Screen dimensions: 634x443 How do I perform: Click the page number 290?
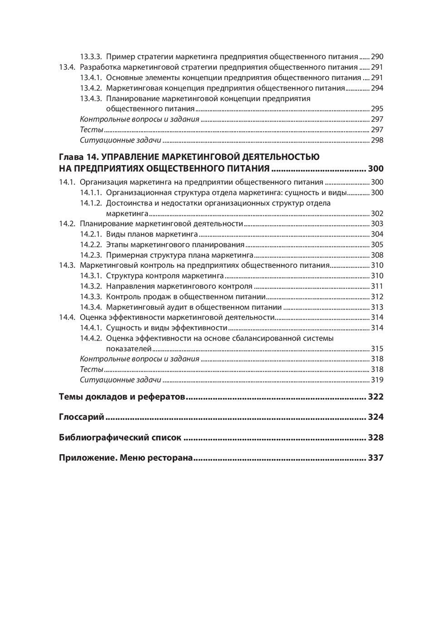tap(377, 57)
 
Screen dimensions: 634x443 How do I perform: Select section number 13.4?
tap(67, 67)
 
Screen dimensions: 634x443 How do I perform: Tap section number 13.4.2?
tap(91, 88)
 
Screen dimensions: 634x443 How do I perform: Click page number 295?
tap(377, 109)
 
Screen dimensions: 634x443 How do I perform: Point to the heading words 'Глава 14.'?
tap(78, 157)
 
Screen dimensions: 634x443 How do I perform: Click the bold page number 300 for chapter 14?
tap(375, 169)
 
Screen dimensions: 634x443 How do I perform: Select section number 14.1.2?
tap(91, 203)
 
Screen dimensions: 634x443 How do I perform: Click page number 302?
tap(377, 214)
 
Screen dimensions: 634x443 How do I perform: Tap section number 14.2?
tap(67, 224)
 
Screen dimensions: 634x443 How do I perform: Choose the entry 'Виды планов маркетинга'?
tap(152, 235)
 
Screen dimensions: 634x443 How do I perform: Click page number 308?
tap(377, 255)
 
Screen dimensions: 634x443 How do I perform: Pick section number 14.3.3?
tap(91, 297)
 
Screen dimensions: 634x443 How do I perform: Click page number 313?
tap(377, 307)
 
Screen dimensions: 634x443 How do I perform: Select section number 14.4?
tap(67, 317)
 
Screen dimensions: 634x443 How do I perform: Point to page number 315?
tap(377, 349)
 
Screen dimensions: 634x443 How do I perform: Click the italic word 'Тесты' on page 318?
tap(92, 370)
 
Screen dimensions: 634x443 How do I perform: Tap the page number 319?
tap(377, 380)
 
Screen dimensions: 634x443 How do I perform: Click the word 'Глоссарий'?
tap(82, 417)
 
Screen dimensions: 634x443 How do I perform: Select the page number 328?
tap(375, 437)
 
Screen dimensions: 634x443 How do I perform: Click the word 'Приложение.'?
tap(88, 458)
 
